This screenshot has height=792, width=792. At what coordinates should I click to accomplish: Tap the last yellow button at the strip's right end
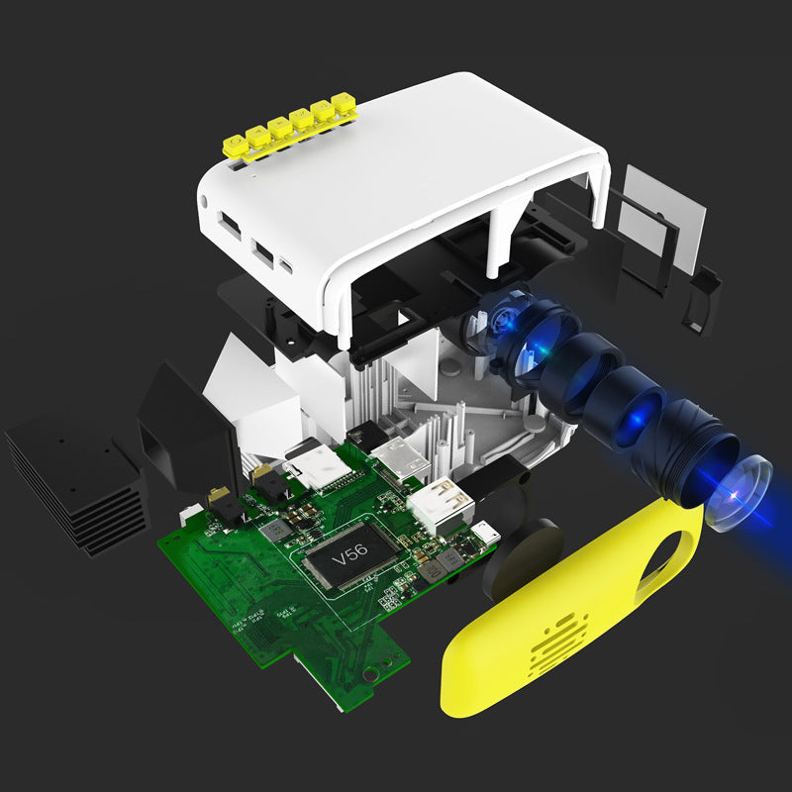[x=344, y=102]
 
